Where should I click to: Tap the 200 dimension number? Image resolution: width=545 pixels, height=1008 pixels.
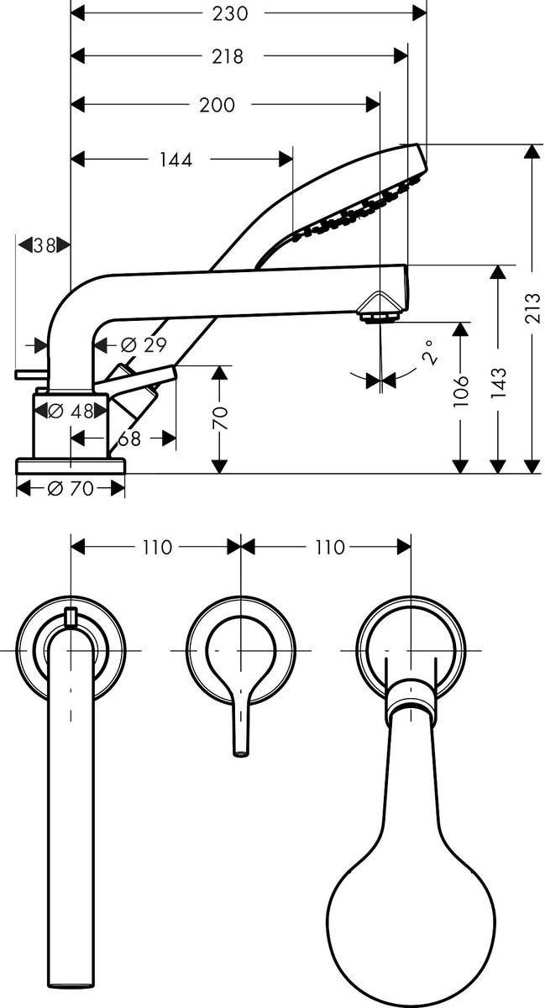point(217,105)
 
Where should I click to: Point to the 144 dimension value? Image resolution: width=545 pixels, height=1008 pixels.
point(175,160)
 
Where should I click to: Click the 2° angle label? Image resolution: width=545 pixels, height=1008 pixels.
point(429,350)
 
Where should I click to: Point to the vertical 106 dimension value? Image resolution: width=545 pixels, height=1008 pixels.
point(460,391)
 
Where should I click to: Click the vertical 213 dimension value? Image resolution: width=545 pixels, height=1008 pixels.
point(532,307)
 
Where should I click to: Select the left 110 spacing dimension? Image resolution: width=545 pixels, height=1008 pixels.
point(156,547)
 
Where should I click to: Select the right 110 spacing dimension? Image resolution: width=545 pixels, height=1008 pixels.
point(328,547)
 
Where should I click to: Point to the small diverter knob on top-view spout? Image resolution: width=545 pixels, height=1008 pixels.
point(71,618)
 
